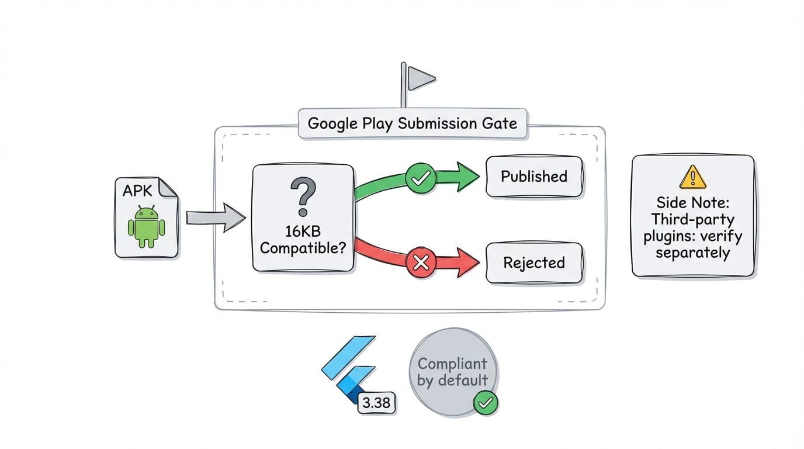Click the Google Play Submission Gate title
tap(412, 123)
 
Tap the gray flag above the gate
tap(420, 77)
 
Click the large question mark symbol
tap(303, 197)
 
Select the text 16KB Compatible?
tap(303, 239)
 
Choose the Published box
tap(534, 177)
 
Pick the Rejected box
tap(534, 263)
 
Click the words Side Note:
tap(693, 203)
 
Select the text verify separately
tap(693, 245)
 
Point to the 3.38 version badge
tap(376, 403)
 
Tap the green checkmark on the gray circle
tap(486, 402)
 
